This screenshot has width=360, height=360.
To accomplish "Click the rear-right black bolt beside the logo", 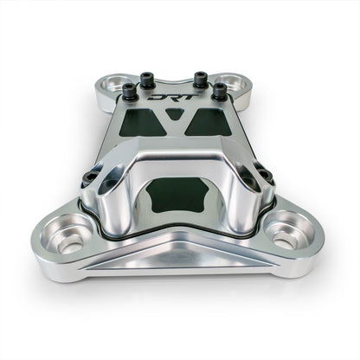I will tap(201, 80).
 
